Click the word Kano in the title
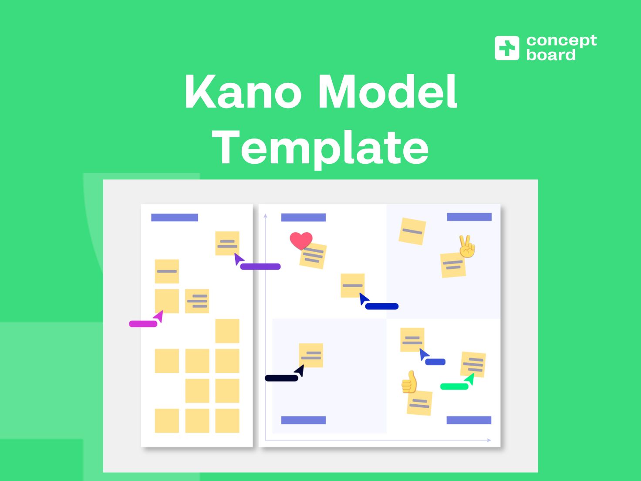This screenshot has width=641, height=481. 243,91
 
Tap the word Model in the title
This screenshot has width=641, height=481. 388,91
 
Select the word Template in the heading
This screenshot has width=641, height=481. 320,149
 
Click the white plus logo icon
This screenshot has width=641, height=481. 507,48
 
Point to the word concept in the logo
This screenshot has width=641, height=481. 562,41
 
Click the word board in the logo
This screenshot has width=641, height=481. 551,55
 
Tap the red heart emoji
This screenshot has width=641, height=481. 301,241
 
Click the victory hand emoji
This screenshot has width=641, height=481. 467,247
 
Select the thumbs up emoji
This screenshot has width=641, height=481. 409,382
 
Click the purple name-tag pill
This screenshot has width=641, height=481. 260,266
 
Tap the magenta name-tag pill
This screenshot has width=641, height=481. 143,324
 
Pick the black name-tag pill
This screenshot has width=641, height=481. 281,378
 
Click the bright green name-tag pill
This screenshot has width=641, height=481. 454,386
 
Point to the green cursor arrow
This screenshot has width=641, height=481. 470,379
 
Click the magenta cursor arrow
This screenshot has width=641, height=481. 159,317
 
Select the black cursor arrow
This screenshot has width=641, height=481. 300,371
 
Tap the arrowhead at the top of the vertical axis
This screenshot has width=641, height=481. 265,216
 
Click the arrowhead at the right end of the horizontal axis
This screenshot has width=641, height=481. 489,440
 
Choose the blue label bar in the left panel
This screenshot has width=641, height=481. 175,217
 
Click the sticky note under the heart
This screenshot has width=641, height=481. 313,256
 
